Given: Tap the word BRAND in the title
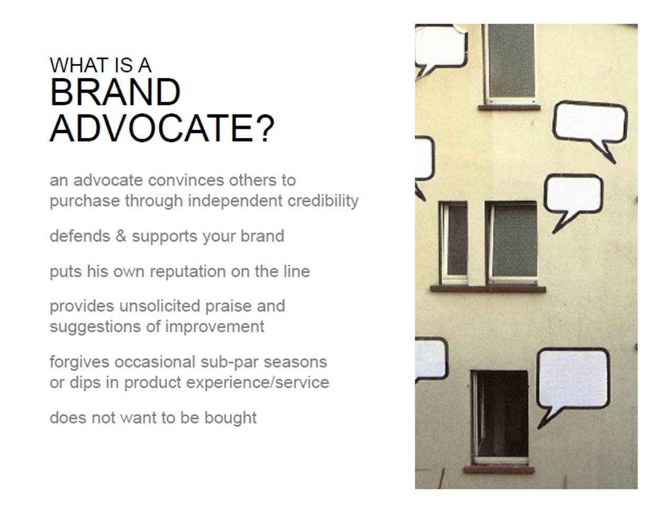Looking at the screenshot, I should point(115,93).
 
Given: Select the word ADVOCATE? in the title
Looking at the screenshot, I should point(162,128).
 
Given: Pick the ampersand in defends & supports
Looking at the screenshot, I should point(121,236).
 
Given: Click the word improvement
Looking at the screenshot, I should point(215,326).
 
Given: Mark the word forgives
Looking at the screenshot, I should point(79,362).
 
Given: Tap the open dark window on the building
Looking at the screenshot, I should point(501,416).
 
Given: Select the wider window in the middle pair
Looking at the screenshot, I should point(513,241).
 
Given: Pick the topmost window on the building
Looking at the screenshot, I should point(510,62).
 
